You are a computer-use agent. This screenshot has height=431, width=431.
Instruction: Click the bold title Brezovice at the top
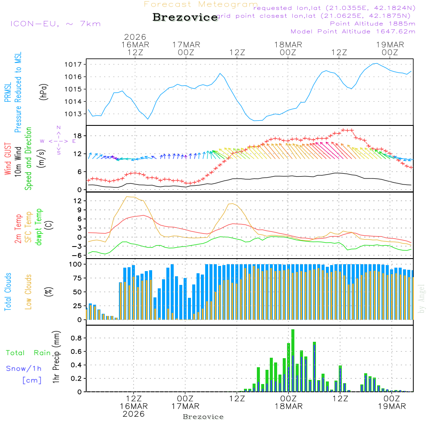(x=185, y=17)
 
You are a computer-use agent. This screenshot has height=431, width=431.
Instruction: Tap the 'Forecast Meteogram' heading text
(x=201, y=5)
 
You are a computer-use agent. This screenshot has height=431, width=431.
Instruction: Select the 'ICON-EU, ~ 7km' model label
(x=55, y=24)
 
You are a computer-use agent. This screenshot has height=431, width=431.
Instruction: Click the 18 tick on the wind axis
(x=79, y=136)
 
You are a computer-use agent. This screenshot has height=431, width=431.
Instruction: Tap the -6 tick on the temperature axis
(x=78, y=255)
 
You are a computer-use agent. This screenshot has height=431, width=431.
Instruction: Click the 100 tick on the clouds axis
(x=76, y=264)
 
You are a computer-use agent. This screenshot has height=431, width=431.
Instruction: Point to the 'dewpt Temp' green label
(x=39, y=227)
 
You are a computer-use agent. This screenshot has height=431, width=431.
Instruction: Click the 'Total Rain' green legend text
(x=28, y=353)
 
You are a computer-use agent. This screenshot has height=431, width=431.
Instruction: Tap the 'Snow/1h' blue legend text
(x=24, y=369)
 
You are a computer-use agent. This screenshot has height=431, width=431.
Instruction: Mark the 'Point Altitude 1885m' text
(x=372, y=24)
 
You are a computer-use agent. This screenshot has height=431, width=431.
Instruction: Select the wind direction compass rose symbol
(x=58, y=141)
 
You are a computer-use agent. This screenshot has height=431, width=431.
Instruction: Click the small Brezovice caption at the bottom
(x=203, y=417)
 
